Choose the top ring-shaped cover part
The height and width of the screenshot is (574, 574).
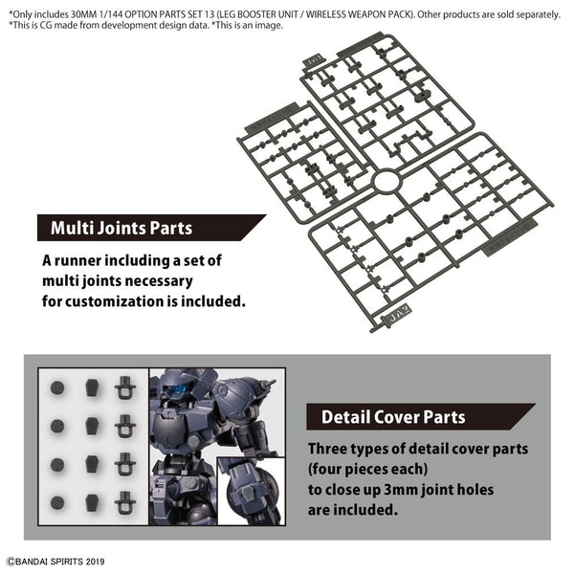tap(124, 387)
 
